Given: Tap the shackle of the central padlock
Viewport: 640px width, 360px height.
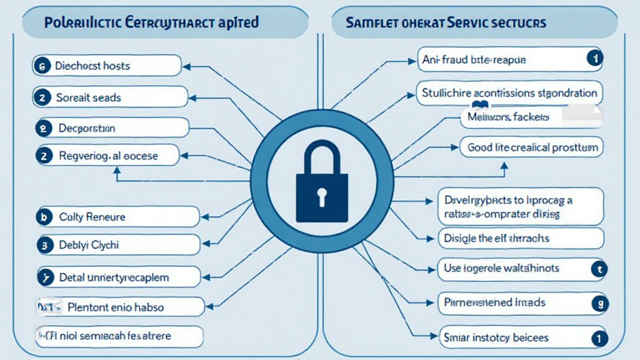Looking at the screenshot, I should pos(320,153).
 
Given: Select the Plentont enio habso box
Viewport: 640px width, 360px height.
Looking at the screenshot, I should pos(119,307).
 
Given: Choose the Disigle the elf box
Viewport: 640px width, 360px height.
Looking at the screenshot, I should pos(520,238).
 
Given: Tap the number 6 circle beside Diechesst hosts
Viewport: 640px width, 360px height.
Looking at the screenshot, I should pos(41,66).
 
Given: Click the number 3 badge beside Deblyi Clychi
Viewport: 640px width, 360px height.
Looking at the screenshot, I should pos(44,246).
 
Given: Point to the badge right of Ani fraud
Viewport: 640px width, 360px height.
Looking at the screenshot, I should pos(593,59).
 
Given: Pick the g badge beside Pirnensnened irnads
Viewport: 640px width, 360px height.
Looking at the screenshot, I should pos(599,303).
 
